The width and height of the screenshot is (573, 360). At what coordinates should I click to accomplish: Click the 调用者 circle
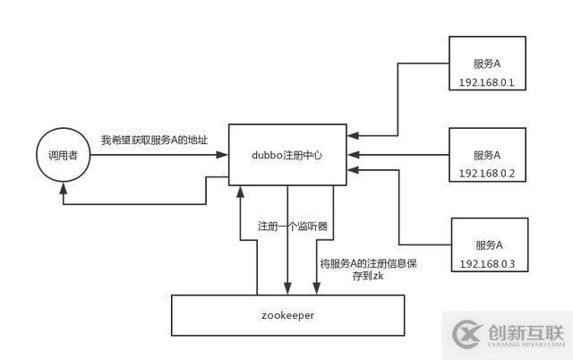click(x=63, y=157)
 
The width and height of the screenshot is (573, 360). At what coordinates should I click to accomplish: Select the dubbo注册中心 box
click(x=286, y=155)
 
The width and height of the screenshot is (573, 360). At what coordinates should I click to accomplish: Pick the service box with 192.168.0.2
click(x=487, y=154)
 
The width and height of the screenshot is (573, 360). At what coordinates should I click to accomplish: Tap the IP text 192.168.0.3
click(x=489, y=263)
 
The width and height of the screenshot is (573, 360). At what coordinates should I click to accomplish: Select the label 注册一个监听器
click(x=292, y=227)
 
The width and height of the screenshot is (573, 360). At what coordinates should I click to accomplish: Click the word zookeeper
click(x=286, y=316)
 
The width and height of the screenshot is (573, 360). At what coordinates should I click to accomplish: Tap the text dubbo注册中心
click(x=286, y=155)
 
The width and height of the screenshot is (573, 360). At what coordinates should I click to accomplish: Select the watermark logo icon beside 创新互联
click(x=466, y=333)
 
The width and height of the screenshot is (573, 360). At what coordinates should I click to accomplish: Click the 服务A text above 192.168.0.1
click(x=487, y=64)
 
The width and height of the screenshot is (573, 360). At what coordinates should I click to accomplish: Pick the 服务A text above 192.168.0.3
click(x=489, y=244)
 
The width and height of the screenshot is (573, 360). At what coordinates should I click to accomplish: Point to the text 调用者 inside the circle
click(x=63, y=157)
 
